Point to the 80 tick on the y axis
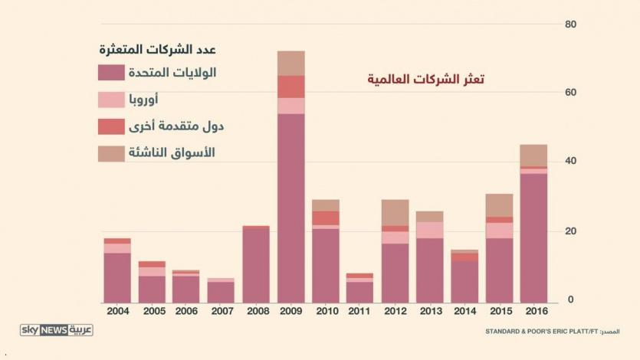569,25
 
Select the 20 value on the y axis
569,231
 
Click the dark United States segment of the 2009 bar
290,207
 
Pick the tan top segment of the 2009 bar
290,64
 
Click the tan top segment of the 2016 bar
533,155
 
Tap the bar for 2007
221,291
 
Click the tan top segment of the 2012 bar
395,212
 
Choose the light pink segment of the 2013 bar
430,230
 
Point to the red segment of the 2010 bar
326,218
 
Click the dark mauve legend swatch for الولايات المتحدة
111,74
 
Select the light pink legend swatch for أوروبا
111,100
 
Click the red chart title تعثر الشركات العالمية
426,80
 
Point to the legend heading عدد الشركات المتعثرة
157,50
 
